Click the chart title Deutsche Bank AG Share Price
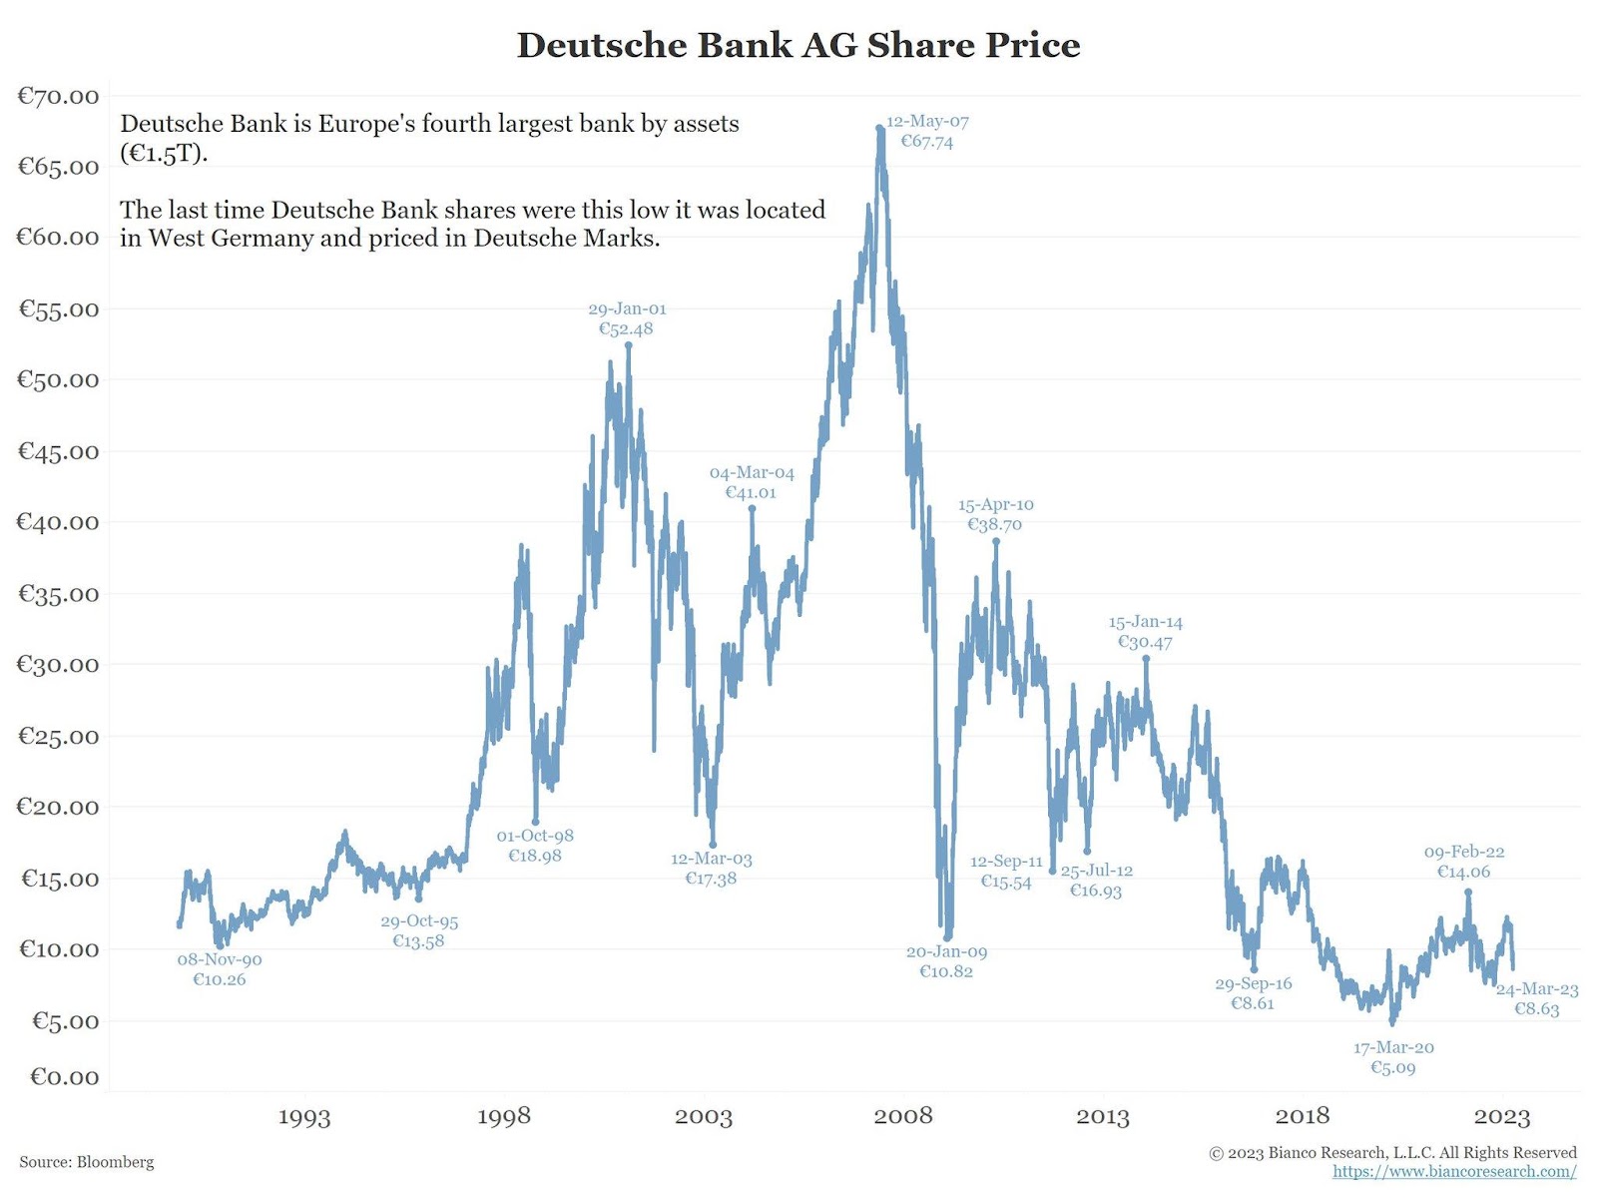tap(798, 45)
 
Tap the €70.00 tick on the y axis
tap(58, 96)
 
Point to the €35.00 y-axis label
tap(58, 594)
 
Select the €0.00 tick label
tap(64, 1076)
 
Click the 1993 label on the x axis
tap(303, 1116)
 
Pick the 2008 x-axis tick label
tap(903, 1116)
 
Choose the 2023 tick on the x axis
tap(1502, 1116)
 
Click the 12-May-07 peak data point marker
tap(879, 128)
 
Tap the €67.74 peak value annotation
tap(926, 142)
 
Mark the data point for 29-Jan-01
tap(628, 345)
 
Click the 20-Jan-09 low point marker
tap(947, 936)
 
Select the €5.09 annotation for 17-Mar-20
tap(1393, 1068)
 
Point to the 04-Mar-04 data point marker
tap(752, 508)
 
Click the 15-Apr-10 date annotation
tap(995, 505)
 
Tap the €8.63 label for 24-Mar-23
tap(1536, 1009)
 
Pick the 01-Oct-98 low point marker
tap(535, 822)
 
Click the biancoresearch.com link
tap(1454, 1171)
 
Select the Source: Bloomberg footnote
tap(87, 1162)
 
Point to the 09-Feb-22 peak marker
tap(1468, 893)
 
